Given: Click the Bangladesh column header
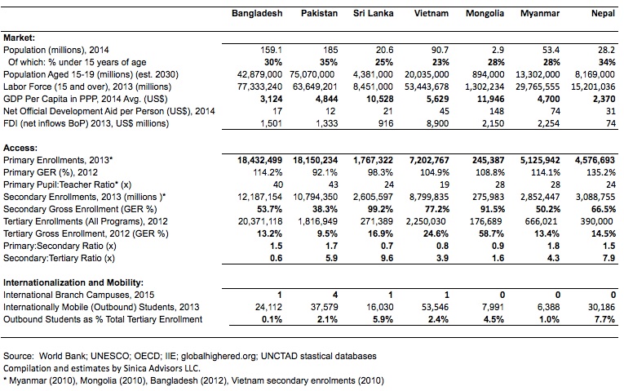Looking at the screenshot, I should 257,15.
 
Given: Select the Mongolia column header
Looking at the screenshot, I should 485,15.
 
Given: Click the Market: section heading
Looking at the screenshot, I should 20,38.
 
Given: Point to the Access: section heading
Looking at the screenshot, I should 20,146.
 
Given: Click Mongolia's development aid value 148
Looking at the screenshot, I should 496,111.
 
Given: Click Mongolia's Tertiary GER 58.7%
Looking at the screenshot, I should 493,233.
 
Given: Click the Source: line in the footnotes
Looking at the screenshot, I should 190,356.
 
